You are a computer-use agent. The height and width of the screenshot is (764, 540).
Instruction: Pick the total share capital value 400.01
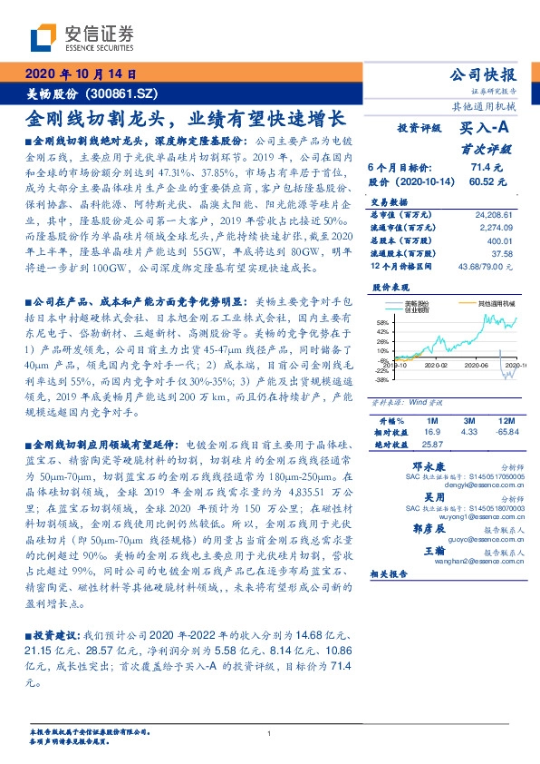pos(499,240)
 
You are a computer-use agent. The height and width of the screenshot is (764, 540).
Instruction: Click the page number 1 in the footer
pos(269,733)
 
